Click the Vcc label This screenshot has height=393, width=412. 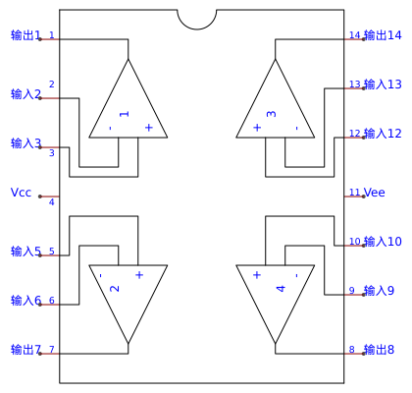tap(21, 193)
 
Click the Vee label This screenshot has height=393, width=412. tap(375, 193)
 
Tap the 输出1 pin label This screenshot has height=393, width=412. tap(26, 35)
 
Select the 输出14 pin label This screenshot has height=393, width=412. tap(383, 35)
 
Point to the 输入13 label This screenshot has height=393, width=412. tap(383, 84)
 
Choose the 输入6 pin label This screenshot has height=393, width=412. tap(26, 301)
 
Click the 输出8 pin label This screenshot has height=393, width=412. tap(380, 350)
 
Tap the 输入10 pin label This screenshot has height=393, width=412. tap(383, 242)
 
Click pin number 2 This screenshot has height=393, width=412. tap(52, 84)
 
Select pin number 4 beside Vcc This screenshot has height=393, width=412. tap(52, 202)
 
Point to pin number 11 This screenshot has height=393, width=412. tap(355, 193)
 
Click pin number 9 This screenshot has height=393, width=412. tap(352, 291)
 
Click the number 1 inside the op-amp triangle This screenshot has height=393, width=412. tap(125, 114)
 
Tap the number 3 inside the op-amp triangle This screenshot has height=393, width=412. tap(272, 114)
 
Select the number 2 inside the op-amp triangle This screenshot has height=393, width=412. tap(115, 289)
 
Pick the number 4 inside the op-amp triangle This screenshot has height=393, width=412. tap(281, 289)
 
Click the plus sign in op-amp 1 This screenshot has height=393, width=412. tap(149, 128)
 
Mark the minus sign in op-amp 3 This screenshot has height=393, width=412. tap(296, 128)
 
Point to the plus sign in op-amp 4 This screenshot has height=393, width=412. tap(257, 275)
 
